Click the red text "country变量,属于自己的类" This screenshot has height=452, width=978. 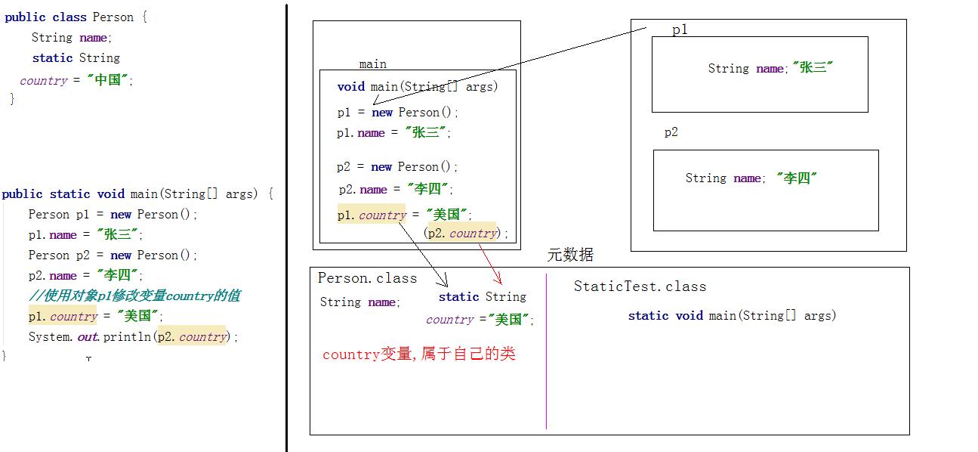pyautogui.click(x=418, y=354)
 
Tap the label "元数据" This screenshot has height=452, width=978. pyautogui.click(x=570, y=255)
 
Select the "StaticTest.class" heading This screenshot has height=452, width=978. pyautogui.click(x=640, y=286)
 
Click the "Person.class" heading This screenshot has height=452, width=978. pyautogui.click(x=367, y=278)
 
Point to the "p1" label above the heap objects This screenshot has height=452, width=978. pyautogui.click(x=680, y=30)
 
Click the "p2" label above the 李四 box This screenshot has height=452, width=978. pyautogui.click(x=671, y=132)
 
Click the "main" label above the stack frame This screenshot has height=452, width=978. pyautogui.click(x=372, y=64)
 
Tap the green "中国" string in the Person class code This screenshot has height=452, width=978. pyautogui.click(x=109, y=80)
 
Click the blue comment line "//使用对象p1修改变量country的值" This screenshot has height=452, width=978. pyautogui.click(x=134, y=296)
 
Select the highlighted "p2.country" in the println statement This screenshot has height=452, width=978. pyautogui.click(x=192, y=337)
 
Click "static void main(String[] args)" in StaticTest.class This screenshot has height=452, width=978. pyautogui.click(x=732, y=316)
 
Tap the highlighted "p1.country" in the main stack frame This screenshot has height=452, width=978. pyautogui.click(x=372, y=215)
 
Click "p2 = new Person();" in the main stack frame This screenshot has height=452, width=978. pyautogui.click(x=397, y=167)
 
